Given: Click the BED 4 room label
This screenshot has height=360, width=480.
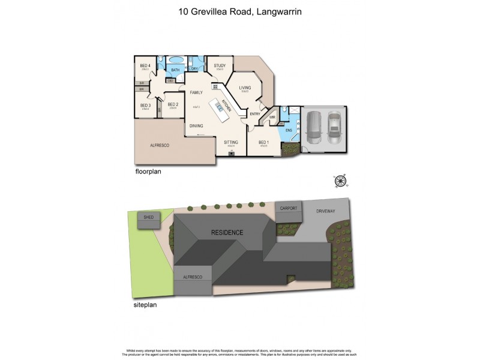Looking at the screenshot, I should click(x=144, y=65).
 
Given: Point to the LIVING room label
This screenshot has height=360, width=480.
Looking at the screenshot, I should click(x=245, y=88).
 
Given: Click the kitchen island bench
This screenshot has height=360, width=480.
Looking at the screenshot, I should click(x=221, y=107).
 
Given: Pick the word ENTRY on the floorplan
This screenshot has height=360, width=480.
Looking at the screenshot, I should click(x=255, y=114).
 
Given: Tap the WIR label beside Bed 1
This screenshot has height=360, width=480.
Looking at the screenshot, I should click(x=272, y=118).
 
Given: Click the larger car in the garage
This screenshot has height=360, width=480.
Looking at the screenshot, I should click(x=315, y=128).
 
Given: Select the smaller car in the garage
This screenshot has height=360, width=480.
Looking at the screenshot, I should click(x=334, y=129).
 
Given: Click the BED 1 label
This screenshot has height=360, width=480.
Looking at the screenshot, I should click(x=262, y=143).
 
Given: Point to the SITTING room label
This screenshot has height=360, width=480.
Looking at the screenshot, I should click(x=231, y=142).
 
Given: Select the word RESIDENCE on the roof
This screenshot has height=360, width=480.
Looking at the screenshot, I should click(x=227, y=232).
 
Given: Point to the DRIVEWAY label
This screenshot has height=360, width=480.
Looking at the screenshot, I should click(x=328, y=211).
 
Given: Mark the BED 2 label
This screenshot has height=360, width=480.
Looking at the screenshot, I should click(x=173, y=104).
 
